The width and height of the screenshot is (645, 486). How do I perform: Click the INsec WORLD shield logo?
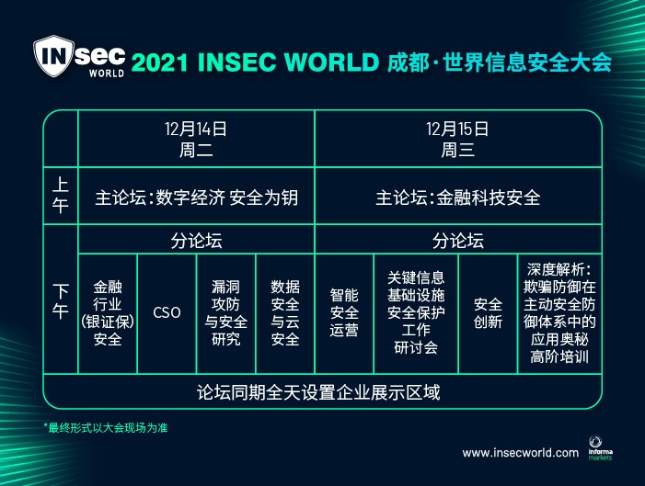point(79,56)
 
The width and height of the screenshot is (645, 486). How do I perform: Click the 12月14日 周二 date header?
point(196,140)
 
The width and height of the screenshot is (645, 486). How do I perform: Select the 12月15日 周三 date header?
point(457,140)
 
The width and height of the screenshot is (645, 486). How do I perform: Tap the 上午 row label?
point(61,195)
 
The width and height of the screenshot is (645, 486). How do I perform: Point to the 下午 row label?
point(61,301)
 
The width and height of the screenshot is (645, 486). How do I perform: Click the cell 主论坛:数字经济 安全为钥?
point(196,198)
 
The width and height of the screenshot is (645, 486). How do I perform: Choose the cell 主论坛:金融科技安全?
point(457,198)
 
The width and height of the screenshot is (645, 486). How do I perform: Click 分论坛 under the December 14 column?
point(196,241)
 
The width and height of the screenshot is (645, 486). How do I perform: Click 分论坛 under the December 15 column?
point(458,241)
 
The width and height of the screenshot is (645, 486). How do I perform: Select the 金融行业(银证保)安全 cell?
point(108,313)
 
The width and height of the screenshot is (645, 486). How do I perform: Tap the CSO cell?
point(167,312)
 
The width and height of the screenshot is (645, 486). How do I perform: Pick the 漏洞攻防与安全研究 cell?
point(225,313)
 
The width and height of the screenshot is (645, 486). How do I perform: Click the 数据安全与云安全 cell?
point(285,313)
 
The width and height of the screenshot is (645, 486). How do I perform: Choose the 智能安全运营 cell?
point(344,312)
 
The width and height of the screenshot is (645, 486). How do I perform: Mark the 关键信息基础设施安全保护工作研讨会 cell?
point(416,312)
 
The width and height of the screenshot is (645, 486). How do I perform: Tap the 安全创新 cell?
point(488,313)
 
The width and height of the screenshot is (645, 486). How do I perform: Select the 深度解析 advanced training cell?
point(559,313)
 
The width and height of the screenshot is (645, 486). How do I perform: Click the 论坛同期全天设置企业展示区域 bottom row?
point(318,392)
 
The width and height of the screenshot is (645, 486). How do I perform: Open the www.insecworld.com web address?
point(521,453)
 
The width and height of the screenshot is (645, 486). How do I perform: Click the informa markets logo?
point(600,448)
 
